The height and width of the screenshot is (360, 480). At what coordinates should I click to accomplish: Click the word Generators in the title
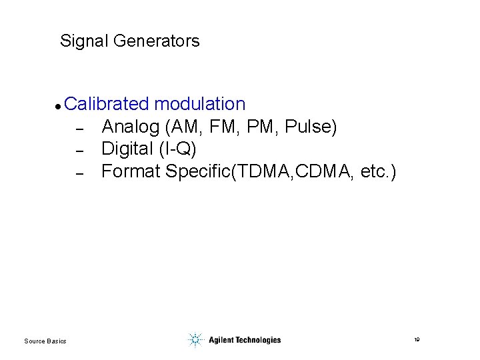pyautogui.click(x=157, y=41)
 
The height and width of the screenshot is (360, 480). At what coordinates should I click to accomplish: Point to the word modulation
pyautogui.click(x=199, y=104)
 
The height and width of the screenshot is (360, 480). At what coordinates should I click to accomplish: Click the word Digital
pyautogui.click(x=127, y=149)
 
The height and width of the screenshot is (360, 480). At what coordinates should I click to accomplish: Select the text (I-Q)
pyautogui.click(x=177, y=149)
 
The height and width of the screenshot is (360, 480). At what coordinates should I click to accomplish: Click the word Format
pyautogui.click(x=131, y=172)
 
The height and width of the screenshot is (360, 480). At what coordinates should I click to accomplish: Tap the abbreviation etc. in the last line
pyautogui.click(x=375, y=172)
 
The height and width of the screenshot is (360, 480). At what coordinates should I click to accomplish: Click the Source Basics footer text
pyautogui.click(x=45, y=341)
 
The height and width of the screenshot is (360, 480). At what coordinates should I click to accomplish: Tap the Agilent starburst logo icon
pyautogui.click(x=195, y=340)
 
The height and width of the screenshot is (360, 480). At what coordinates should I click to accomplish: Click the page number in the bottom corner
pyautogui.click(x=417, y=340)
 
